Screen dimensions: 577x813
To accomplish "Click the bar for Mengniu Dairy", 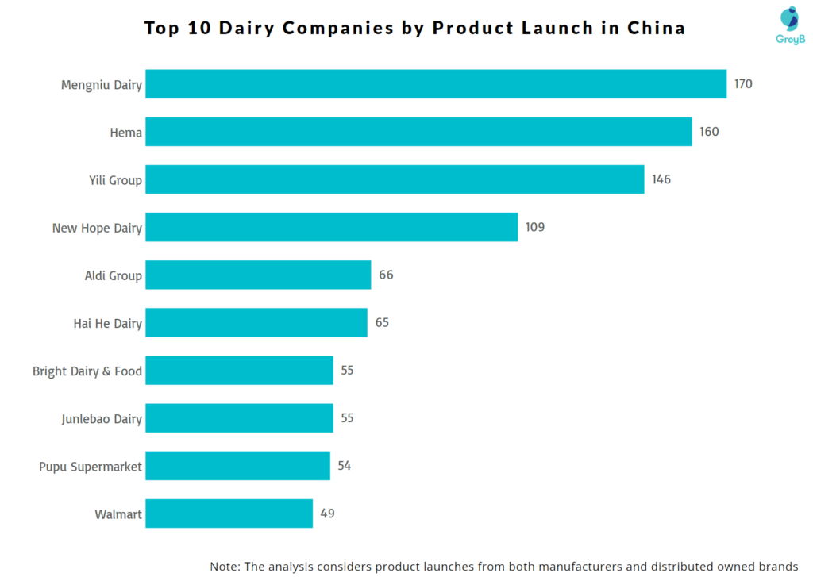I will (x=435, y=84).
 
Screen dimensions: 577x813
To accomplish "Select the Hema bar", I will (x=418, y=132).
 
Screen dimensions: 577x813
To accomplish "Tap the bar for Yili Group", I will (x=395, y=179).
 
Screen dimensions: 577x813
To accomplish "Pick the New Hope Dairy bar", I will (x=331, y=227).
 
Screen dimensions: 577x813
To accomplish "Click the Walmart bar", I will (x=229, y=514).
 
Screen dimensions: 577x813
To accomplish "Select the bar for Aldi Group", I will (x=258, y=275).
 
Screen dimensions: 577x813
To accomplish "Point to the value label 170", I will (x=743, y=84).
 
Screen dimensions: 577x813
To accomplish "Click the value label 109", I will (x=535, y=228).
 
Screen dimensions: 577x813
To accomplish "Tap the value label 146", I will (x=661, y=179).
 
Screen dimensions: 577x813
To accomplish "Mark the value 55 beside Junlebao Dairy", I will (x=347, y=418).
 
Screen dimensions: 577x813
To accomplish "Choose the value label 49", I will (x=327, y=514).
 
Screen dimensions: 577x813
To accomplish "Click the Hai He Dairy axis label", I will (x=107, y=323).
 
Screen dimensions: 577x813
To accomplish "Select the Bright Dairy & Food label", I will (x=87, y=371).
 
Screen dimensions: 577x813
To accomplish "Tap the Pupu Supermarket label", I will (x=91, y=467).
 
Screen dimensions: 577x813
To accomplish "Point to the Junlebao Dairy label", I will (x=102, y=418).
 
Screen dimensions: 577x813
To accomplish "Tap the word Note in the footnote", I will (x=225, y=567).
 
